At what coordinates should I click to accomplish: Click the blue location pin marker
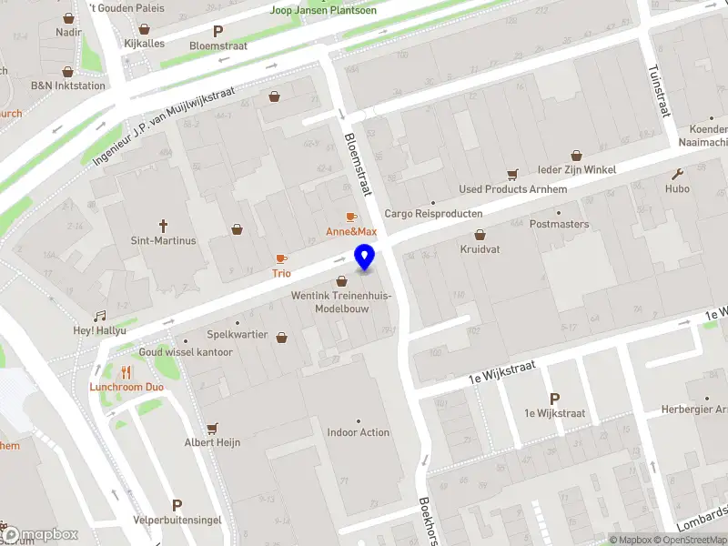click(x=365, y=258)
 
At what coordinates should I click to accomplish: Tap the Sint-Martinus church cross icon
click(x=164, y=225)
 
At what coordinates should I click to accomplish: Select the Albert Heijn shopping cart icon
click(x=213, y=427)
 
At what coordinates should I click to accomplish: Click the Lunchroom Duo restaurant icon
click(x=126, y=371)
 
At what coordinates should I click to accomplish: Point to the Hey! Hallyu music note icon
click(x=100, y=315)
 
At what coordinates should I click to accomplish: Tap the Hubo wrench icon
click(x=677, y=174)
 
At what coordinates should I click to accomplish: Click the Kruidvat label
click(x=480, y=249)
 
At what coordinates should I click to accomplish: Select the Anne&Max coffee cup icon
click(x=351, y=217)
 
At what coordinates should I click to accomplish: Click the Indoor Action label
click(x=359, y=433)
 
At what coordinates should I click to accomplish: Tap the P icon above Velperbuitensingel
click(x=177, y=505)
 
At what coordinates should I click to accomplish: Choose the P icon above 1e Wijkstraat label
click(x=554, y=398)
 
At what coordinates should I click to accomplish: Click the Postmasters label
click(x=559, y=224)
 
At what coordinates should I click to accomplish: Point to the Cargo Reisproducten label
click(x=433, y=214)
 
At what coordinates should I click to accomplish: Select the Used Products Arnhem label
click(x=513, y=189)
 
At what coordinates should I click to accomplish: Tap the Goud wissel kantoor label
click(x=186, y=352)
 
